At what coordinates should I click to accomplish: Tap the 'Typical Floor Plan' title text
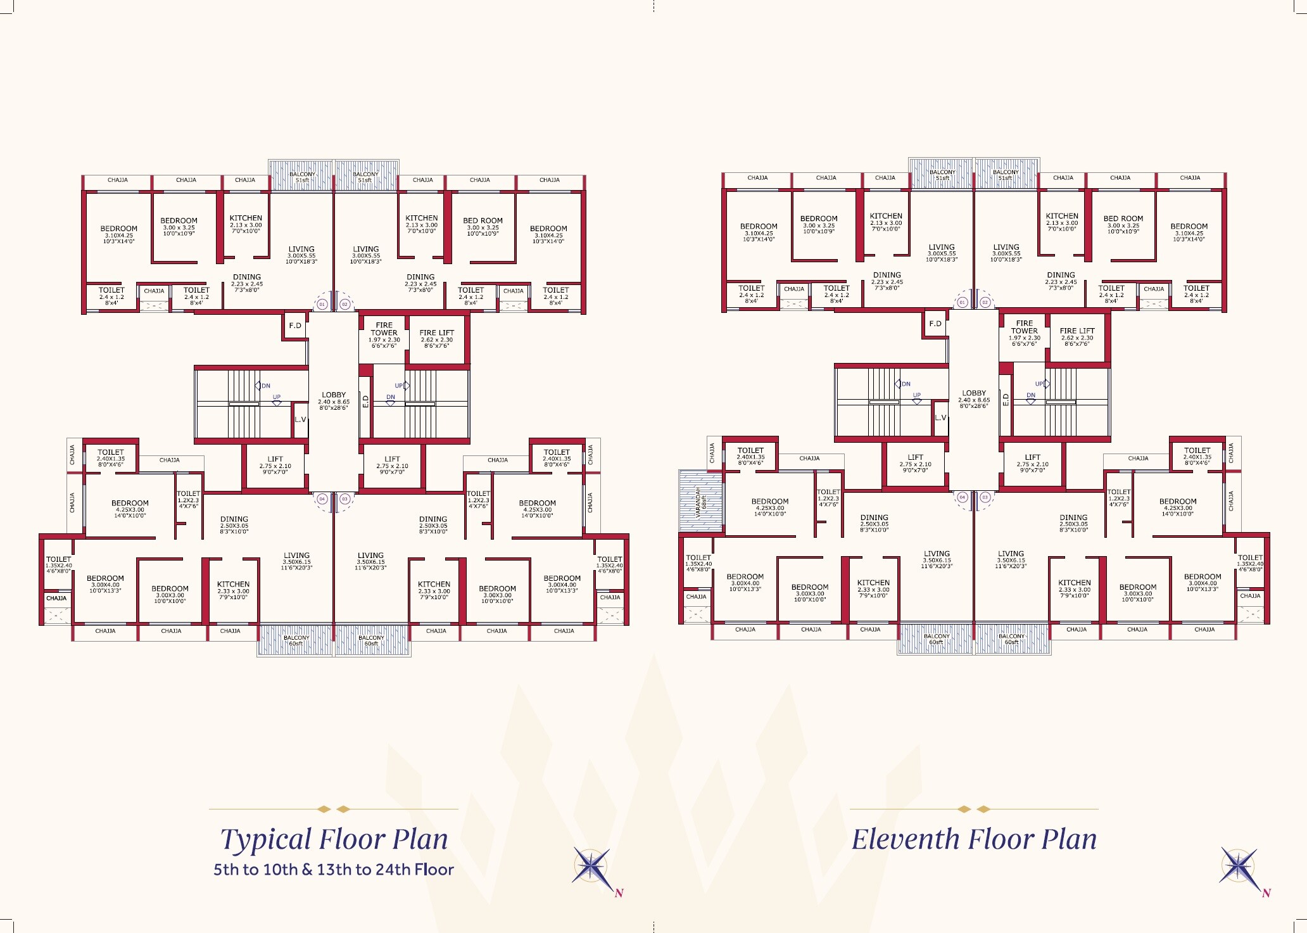334,839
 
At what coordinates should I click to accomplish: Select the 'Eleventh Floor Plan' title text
974,839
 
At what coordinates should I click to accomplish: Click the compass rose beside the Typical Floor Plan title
591,868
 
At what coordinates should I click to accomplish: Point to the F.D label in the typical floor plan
295,326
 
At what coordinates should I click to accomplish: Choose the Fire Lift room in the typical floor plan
437,339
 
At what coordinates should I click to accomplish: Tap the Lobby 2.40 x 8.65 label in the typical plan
334,400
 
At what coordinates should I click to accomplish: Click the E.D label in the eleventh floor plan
1006,399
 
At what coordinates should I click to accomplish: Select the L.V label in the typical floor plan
300,419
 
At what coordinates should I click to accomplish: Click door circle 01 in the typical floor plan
322,305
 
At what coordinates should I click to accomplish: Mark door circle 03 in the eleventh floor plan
985,497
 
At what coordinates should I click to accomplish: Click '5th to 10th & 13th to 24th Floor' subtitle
334,870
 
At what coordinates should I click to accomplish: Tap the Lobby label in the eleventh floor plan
974,398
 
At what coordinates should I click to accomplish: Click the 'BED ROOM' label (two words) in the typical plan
483,220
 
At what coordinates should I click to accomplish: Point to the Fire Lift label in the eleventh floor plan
1077,334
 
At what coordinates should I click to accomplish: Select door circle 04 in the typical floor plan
322,499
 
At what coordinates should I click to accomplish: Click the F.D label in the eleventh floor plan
935,324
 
